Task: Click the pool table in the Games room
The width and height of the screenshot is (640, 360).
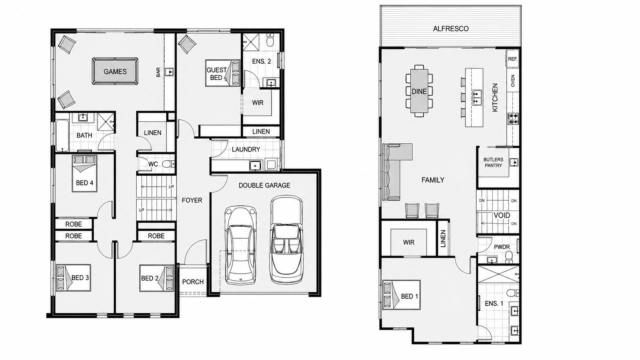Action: (x=115, y=71)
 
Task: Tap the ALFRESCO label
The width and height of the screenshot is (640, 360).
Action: (x=451, y=29)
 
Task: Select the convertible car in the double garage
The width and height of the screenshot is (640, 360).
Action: (x=286, y=240)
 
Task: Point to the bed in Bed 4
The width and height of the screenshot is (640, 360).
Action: (x=85, y=173)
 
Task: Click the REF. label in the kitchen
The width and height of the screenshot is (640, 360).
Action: (x=513, y=59)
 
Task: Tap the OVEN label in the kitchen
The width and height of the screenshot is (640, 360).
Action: (x=513, y=81)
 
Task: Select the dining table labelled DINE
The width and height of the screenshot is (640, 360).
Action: (x=419, y=91)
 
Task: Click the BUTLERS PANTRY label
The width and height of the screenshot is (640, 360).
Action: (x=493, y=162)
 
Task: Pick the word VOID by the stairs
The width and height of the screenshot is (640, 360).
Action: (x=502, y=215)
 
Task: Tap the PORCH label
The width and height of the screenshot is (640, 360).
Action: (x=193, y=282)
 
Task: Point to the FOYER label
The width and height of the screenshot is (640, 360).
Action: (x=192, y=200)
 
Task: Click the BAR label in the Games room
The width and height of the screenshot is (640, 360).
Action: (x=158, y=72)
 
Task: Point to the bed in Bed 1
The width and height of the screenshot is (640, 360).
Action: (x=401, y=295)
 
